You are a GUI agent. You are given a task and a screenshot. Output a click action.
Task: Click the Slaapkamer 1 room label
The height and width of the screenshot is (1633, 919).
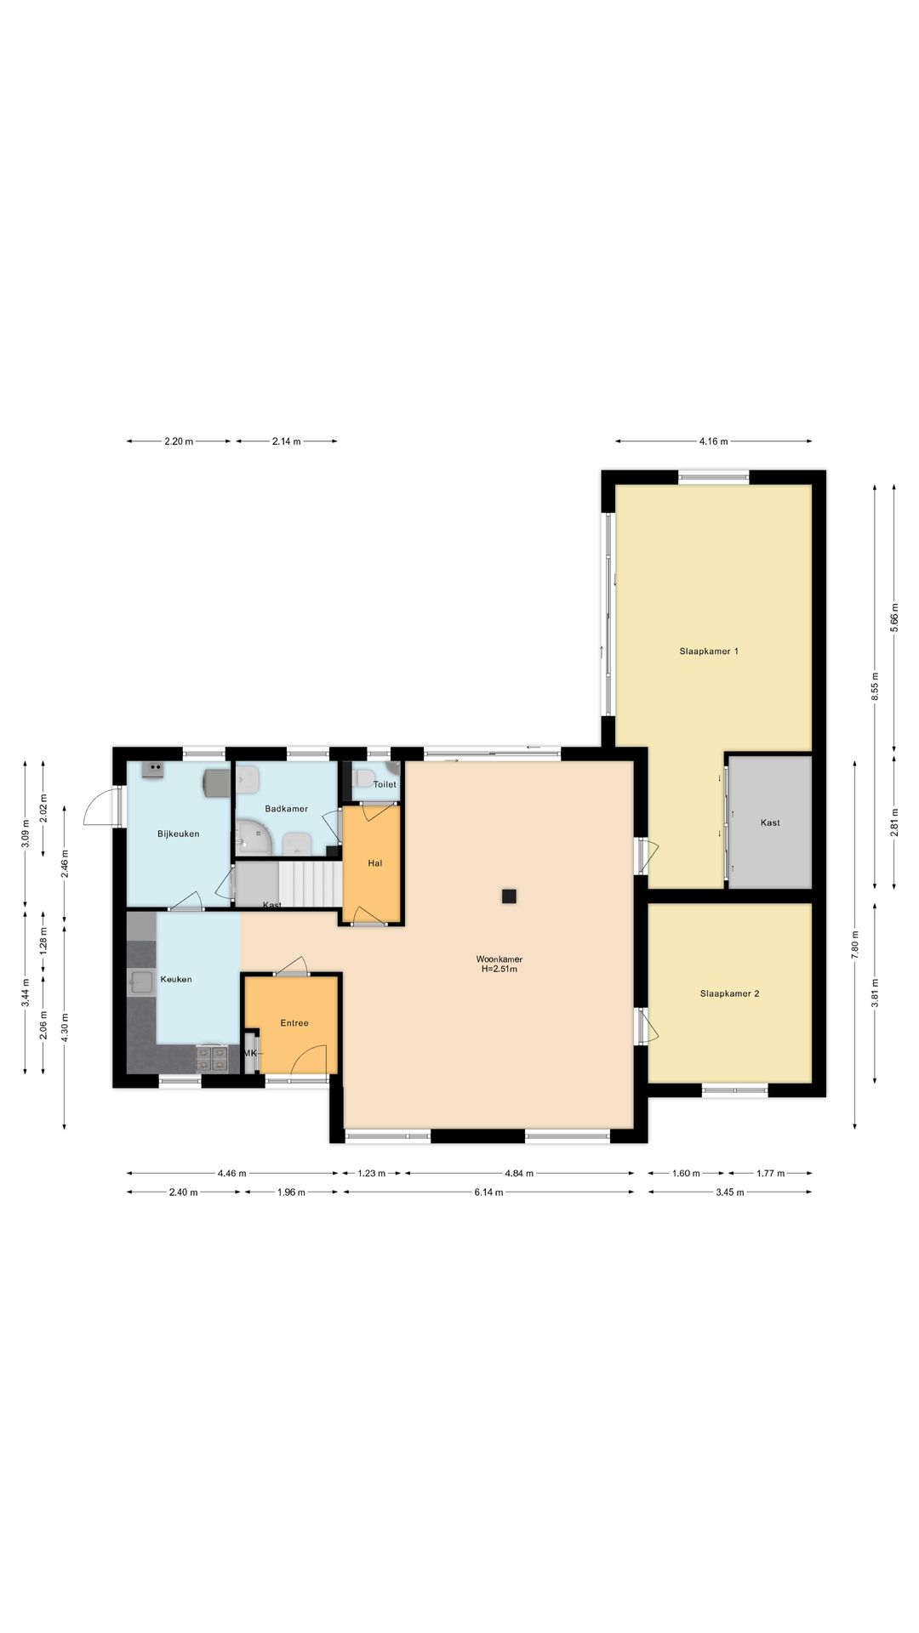pyautogui.click(x=709, y=651)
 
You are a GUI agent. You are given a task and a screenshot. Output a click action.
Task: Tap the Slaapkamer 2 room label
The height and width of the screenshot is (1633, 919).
pyautogui.click(x=729, y=993)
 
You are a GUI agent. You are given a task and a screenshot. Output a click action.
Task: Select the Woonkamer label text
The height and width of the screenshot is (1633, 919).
pyautogui.click(x=499, y=959)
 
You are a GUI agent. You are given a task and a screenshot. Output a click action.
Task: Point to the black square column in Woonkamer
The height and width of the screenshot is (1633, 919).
pyautogui.click(x=509, y=896)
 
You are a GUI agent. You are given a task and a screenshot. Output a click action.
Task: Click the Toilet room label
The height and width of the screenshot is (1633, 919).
pyautogui.click(x=385, y=784)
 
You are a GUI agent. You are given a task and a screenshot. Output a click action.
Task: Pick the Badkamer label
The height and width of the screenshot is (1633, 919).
pyautogui.click(x=286, y=809)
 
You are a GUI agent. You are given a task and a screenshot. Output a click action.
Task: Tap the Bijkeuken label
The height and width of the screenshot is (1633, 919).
pyautogui.click(x=179, y=834)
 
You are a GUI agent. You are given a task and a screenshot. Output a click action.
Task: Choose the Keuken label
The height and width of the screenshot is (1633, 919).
pyautogui.click(x=176, y=979)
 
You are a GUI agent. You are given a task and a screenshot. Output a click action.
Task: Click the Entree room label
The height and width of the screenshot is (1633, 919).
pyautogui.click(x=294, y=1023)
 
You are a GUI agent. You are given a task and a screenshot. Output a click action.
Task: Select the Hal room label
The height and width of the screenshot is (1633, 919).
pyautogui.click(x=375, y=863)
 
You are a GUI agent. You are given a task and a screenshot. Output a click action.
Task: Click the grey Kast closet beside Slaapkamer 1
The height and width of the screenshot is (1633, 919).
pyautogui.click(x=770, y=822)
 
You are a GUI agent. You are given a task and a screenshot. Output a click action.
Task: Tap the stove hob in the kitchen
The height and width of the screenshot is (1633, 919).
pyautogui.click(x=212, y=1058)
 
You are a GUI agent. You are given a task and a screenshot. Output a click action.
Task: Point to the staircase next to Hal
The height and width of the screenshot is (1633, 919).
pyautogui.click(x=311, y=885)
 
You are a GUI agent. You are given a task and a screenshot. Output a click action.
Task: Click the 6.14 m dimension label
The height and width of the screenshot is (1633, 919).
pyautogui.click(x=488, y=1192)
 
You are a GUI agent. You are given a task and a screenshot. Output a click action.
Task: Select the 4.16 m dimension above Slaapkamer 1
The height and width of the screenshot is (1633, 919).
pyautogui.click(x=713, y=441)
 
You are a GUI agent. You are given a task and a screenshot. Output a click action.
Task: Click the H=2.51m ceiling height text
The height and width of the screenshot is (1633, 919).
pyautogui.click(x=499, y=970)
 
